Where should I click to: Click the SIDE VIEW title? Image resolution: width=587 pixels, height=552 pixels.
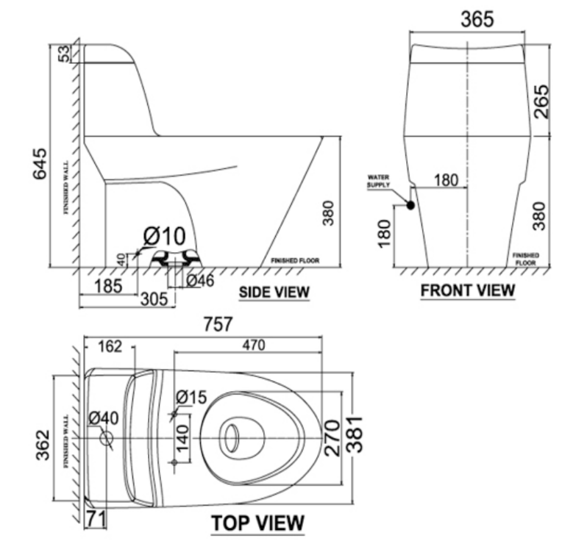[x=274, y=292]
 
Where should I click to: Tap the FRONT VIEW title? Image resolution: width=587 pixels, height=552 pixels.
[x=468, y=290]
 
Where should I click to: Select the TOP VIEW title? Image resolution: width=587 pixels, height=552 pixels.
[x=257, y=523]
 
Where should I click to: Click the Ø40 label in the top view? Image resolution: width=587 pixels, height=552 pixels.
[x=103, y=418]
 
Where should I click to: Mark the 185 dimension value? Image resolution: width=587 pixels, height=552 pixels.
[x=108, y=285]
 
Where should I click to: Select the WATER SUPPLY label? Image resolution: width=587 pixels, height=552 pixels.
[x=378, y=181]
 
